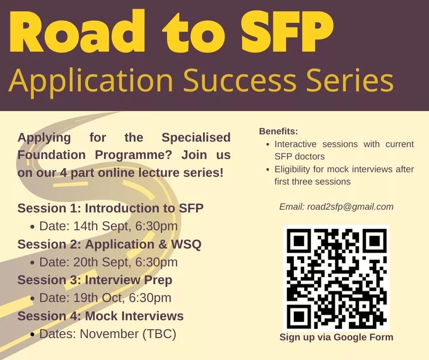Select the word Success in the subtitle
[240, 80]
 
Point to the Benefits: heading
[278, 131]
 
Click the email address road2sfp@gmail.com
[351, 206]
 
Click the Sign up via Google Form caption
[336, 337]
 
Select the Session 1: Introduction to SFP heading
[110, 208]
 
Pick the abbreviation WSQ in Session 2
[186, 244]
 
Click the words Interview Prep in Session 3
[129, 280]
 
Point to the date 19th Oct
[97, 298]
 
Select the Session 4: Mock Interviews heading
[100, 316]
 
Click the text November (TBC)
[128, 334]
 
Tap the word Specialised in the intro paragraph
[196, 138]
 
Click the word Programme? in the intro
[133, 155]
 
